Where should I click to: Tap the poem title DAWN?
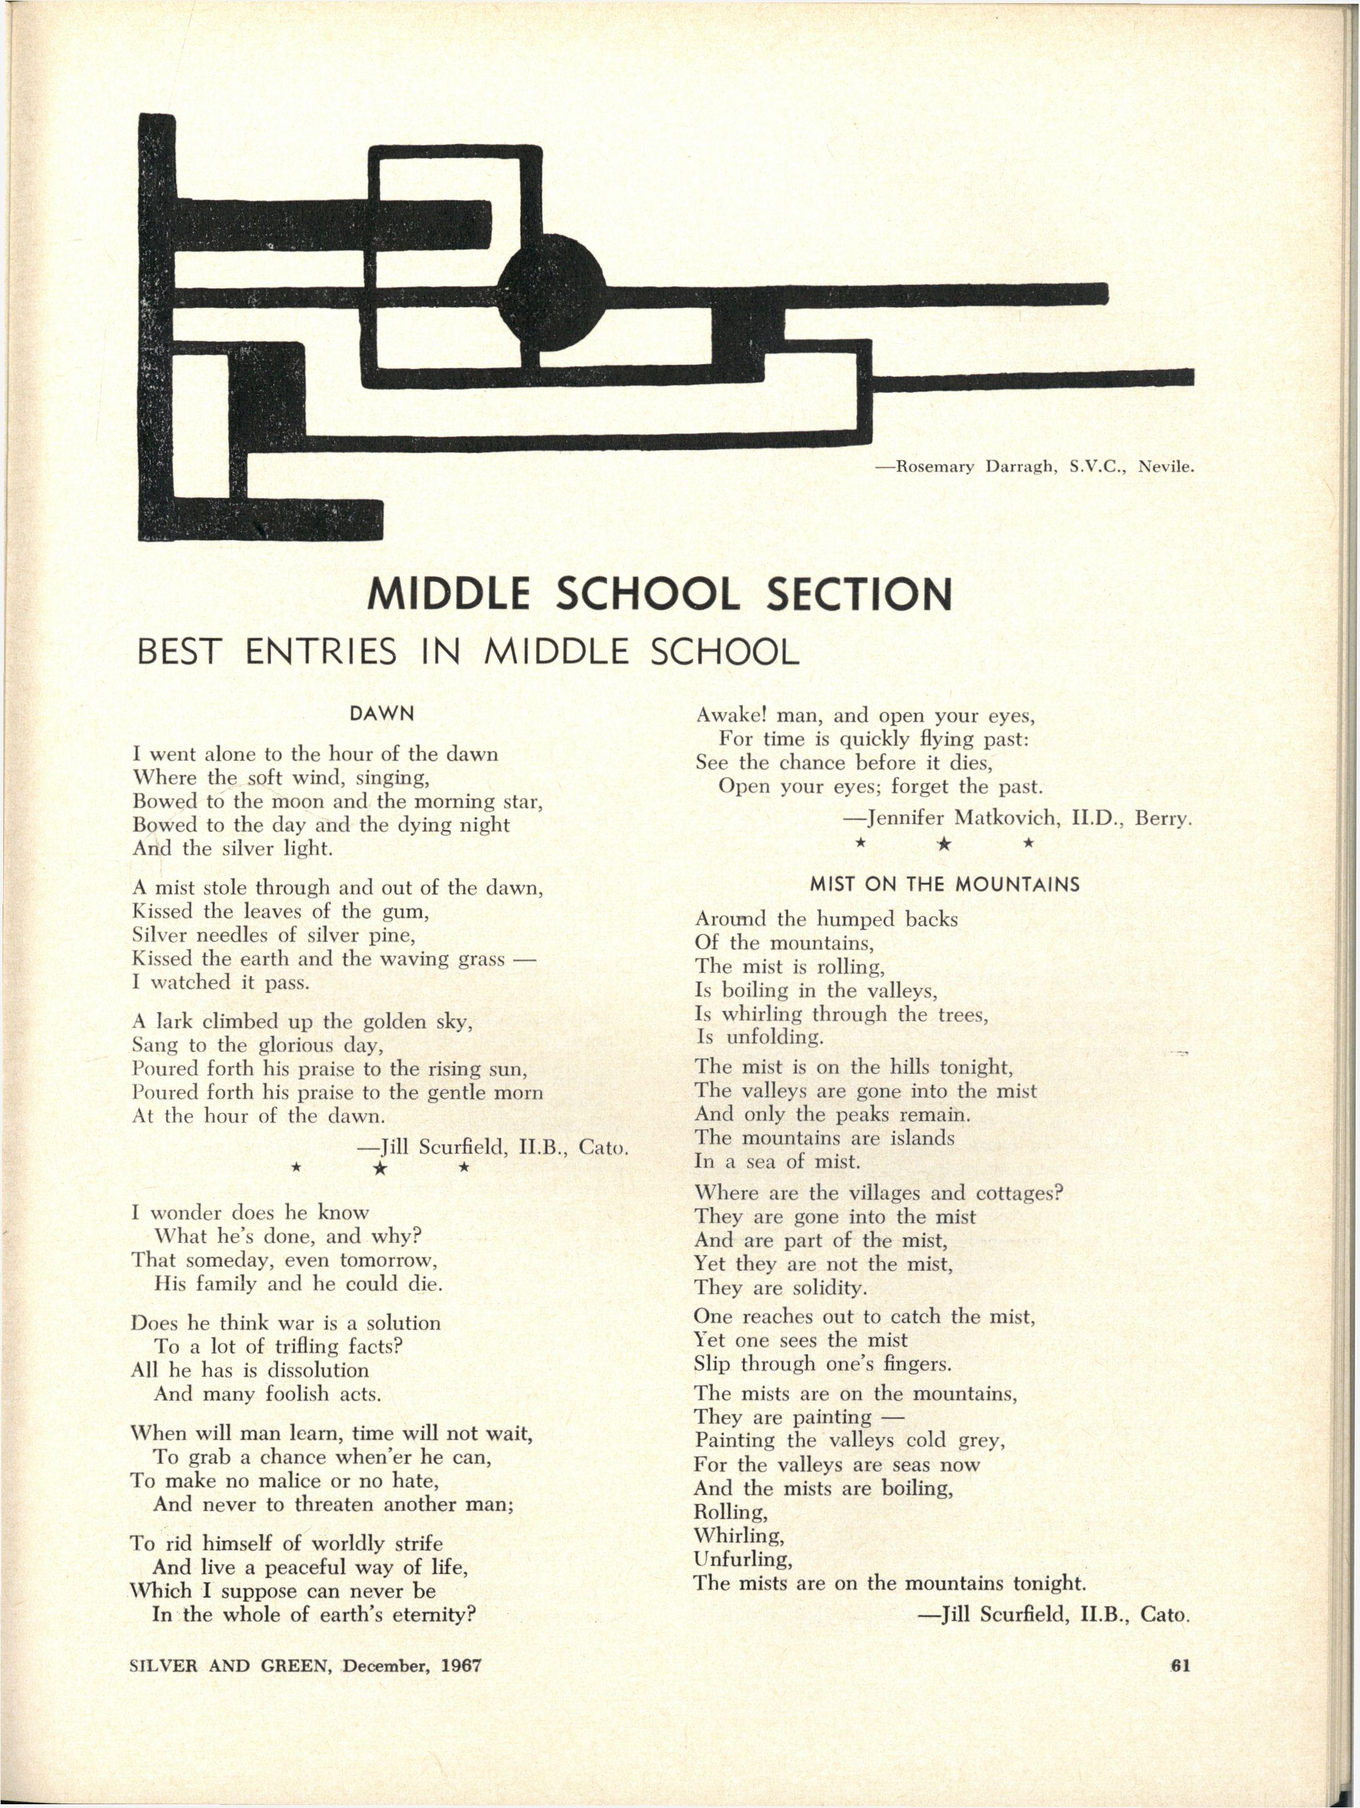pos(382,714)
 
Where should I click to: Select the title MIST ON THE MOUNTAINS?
pos(944,885)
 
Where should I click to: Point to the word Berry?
pos(1163,818)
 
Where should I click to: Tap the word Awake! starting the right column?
pos(731,716)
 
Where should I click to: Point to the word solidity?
pos(827,1288)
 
